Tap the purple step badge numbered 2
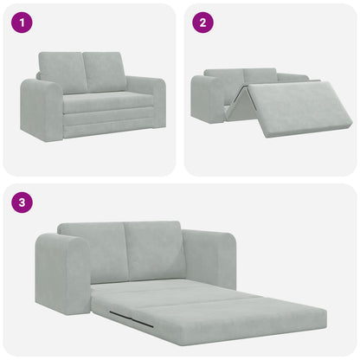click(x=202, y=22)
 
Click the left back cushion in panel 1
click(x=62, y=73)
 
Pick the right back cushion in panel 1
click(x=105, y=71)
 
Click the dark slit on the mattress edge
click(x=133, y=320)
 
